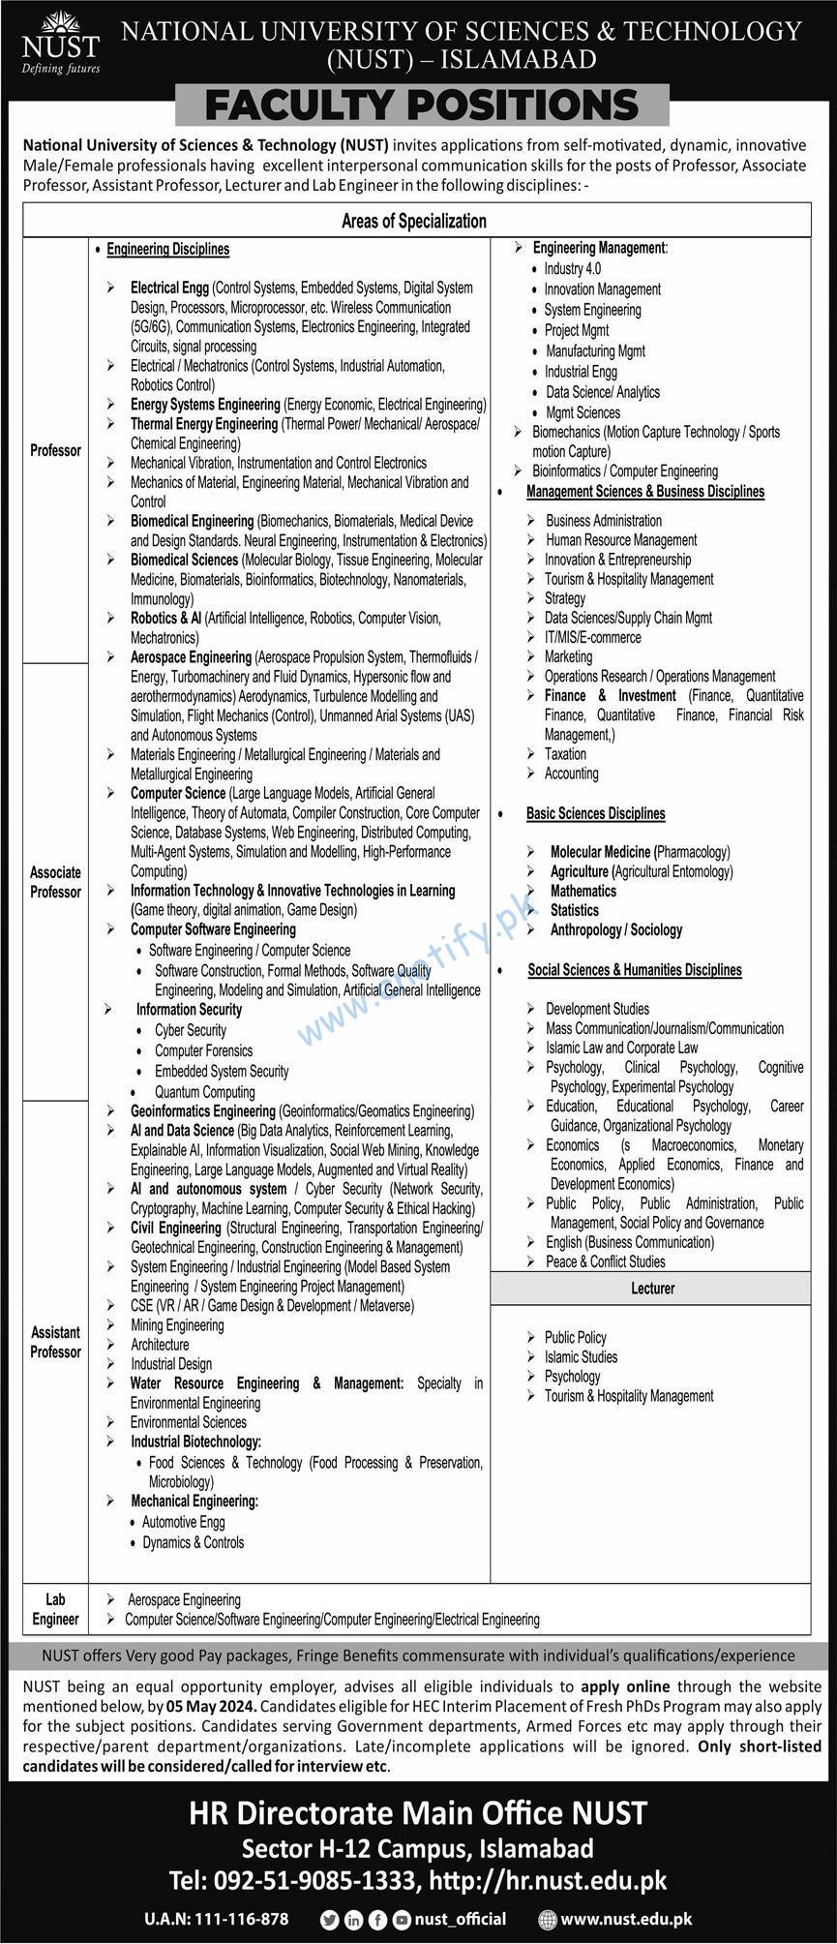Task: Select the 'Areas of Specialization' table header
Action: click(x=413, y=221)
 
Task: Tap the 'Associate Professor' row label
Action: click(x=55, y=882)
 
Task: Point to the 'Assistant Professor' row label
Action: click(x=55, y=1342)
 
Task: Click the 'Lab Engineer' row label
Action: click(x=55, y=1609)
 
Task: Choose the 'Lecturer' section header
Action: click(x=652, y=1289)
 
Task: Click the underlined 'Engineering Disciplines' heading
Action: click(x=167, y=249)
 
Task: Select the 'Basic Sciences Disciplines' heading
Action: click(x=595, y=813)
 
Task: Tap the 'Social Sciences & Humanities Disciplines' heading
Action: click(x=635, y=969)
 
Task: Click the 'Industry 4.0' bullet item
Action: click(x=572, y=268)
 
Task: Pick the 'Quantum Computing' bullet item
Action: click(x=204, y=1091)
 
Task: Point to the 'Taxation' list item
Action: click(x=565, y=753)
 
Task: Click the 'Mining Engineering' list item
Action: click(x=177, y=1324)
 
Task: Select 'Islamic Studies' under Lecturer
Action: click(x=581, y=1356)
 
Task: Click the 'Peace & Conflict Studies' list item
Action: click(x=605, y=1261)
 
